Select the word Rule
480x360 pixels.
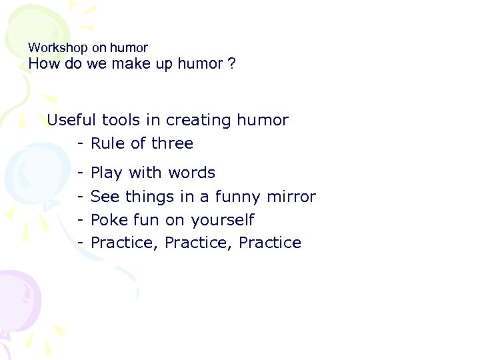pos(107,144)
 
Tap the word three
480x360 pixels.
pos(172,144)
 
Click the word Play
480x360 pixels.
pos(107,173)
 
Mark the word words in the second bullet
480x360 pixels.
pos(191,173)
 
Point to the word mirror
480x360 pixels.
pos(291,197)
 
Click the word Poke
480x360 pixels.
pos(107,220)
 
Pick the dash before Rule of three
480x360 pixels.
pos(79,144)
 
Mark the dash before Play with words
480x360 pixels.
pos(79,173)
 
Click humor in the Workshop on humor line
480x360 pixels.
pos(129,48)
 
